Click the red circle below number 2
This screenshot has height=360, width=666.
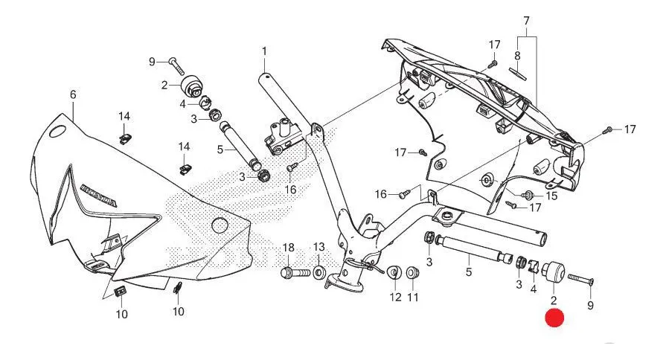click(554, 318)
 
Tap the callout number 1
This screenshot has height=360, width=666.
click(264, 51)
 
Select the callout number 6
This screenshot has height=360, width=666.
click(73, 94)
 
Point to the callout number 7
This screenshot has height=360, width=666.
click(526, 19)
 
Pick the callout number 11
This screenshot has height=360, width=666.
click(412, 297)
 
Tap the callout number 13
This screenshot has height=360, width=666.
click(318, 246)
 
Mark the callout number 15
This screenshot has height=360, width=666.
click(551, 196)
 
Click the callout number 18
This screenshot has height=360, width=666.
click(289, 246)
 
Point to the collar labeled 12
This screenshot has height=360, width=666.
click(395, 272)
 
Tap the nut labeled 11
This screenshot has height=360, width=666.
click(412, 272)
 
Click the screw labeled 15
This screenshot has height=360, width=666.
click(529, 196)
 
